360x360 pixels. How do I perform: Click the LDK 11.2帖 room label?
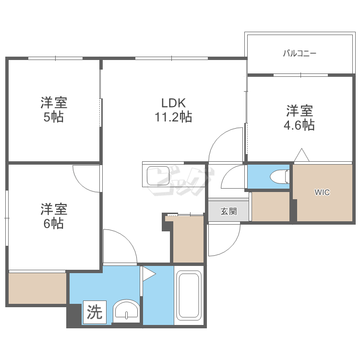tap(174, 110)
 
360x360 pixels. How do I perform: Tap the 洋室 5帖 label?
tap(54, 109)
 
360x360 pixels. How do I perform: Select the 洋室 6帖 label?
tap(54, 216)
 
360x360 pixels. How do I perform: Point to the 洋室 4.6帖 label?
tap(300, 118)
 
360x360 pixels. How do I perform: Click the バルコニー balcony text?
tap(300, 53)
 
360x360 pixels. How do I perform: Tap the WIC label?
tap(322, 192)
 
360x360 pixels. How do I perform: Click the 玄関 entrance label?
tap(228, 211)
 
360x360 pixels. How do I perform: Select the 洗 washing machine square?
tap(95, 312)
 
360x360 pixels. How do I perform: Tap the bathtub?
tap(189, 295)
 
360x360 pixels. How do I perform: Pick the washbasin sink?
tap(126, 311)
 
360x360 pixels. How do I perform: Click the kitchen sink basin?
tap(158, 176)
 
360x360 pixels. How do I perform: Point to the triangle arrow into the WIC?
tap(302, 155)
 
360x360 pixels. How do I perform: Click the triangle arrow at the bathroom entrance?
tap(149, 274)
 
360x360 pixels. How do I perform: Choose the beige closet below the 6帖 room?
tap(37, 288)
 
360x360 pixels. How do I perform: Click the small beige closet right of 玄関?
tap(270, 206)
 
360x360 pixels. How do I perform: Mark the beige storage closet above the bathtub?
tap(188, 239)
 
